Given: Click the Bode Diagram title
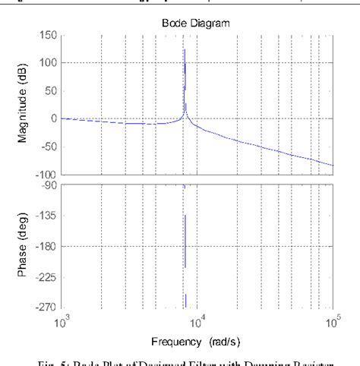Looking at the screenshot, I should pos(196,24).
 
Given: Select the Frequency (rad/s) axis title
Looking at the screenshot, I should pos(196,341).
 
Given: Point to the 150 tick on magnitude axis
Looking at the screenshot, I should pos(48,35).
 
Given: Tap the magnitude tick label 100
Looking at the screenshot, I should pos(48,62).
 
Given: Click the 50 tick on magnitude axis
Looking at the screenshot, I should pos(50,90).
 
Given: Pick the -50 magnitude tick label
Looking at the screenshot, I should pos(48,147).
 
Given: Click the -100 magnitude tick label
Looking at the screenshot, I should pos(46,175).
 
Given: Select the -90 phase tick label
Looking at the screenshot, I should pos(49,185).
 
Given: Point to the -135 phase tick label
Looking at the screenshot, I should pos(46,216).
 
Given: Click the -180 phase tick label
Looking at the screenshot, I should pos(46,246).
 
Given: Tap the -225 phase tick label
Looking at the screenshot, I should pos(46,277).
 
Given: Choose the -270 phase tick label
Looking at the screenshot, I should pos(46,308).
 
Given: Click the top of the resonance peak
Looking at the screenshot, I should pos(185,50).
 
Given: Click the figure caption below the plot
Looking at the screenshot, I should pos(196,361).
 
